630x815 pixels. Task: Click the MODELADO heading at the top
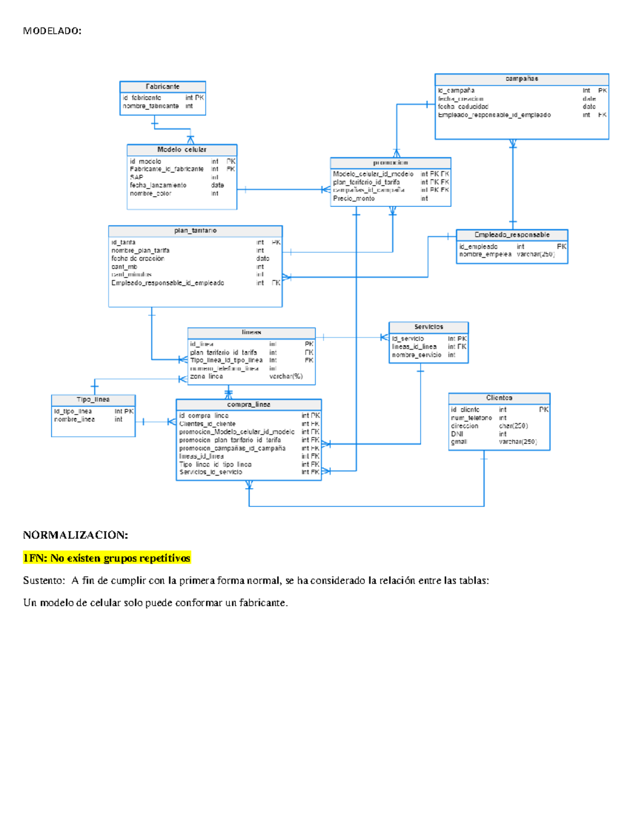(x=52, y=31)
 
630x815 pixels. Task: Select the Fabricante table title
(x=162, y=87)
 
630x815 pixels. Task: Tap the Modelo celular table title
(x=182, y=150)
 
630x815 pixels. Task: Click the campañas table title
(x=521, y=79)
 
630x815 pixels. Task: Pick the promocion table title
(x=390, y=163)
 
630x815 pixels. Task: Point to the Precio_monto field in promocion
(x=354, y=198)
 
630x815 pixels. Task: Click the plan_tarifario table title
(x=195, y=230)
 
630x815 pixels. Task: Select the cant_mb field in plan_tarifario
(x=124, y=267)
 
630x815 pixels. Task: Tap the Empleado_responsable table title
(x=512, y=235)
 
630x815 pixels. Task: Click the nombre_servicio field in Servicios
(x=416, y=355)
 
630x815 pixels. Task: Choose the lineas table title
(x=251, y=332)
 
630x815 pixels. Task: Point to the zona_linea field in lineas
(x=206, y=376)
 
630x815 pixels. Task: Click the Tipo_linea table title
(x=93, y=399)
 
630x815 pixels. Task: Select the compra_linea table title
(x=249, y=405)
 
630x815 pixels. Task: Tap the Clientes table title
(x=499, y=398)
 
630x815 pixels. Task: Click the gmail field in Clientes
(x=459, y=442)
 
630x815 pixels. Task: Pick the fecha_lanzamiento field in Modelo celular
(x=158, y=185)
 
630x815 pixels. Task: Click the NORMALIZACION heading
(x=76, y=535)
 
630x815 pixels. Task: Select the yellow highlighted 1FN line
(x=107, y=558)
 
